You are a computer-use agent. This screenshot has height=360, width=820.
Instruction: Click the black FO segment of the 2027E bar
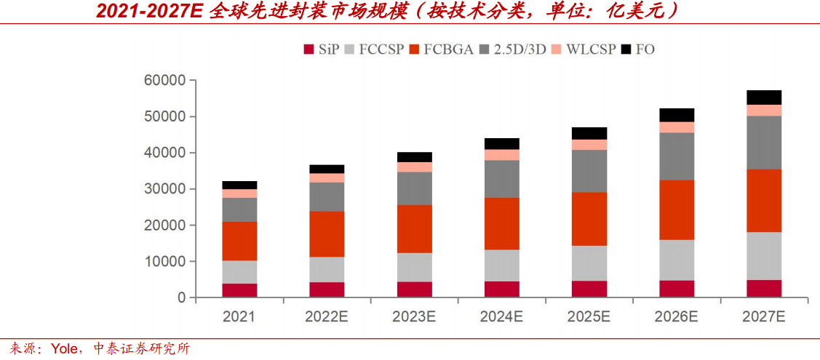click(763, 97)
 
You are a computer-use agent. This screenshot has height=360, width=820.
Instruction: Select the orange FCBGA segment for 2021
click(239, 241)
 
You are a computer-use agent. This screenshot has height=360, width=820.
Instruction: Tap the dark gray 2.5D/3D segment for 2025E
click(589, 172)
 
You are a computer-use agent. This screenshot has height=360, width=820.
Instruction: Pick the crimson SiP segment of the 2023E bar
click(414, 289)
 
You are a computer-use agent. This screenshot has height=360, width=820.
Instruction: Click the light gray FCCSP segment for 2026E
click(676, 260)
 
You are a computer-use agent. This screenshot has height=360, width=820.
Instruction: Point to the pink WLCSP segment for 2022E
click(327, 178)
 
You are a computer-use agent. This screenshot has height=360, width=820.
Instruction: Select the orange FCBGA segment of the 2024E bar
click(501, 223)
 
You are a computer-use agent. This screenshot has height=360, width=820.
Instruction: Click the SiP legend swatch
click(308, 49)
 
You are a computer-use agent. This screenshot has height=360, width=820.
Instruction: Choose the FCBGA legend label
click(449, 49)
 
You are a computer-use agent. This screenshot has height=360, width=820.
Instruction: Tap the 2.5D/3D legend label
click(520, 49)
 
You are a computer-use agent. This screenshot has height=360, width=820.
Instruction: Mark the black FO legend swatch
click(626, 49)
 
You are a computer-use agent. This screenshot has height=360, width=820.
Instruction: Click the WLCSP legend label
click(590, 49)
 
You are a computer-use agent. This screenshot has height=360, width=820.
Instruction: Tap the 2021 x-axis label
click(239, 317)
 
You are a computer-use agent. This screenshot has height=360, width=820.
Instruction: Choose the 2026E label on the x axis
click(676, 317)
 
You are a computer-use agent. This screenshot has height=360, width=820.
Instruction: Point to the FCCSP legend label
click(383, 49)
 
